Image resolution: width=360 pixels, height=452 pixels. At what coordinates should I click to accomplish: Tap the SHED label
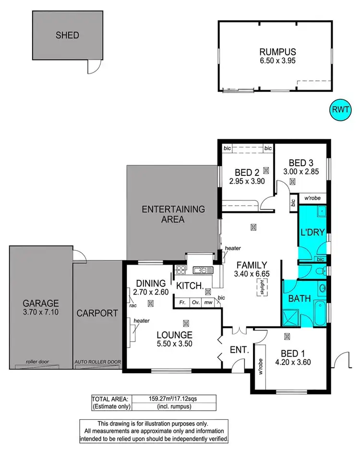[67, 35]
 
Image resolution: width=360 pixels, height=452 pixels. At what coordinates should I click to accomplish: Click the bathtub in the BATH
[319, 312]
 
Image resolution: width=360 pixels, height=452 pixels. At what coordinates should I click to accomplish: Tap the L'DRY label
[313, 233]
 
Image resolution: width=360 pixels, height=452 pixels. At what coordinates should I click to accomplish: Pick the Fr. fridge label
[182, 303]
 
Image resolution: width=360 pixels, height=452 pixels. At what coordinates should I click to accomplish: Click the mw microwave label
[208, 303]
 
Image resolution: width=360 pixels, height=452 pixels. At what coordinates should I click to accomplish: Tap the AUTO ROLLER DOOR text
[98, 362]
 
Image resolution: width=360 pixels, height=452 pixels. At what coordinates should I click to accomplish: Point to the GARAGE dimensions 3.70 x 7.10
[40, 313]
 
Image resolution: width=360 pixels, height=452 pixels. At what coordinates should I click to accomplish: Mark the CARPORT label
[97, 313]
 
